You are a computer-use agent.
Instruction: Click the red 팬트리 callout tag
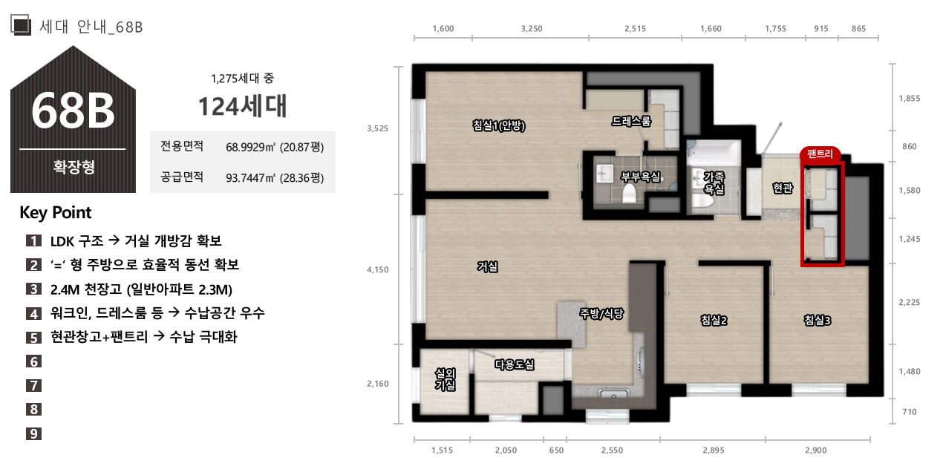[x=820, y=154]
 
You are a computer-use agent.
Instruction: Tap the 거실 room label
[x=488, y=266]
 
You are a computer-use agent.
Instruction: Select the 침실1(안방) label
[x=499, y=125]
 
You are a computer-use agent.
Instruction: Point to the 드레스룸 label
[x=631, y=121]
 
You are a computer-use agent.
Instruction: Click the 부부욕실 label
[x=640, y=177]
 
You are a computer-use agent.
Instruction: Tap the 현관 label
[x=783, y=188]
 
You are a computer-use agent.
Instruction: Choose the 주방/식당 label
[x=601, y=313]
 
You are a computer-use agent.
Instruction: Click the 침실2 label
[x=714, y=321]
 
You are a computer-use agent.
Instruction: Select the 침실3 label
[x=817, y=321]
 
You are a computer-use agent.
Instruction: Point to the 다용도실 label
[x=515, y=364]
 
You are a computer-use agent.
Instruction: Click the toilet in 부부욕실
[x=629, y=193]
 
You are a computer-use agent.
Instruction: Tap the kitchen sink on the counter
[x=614, y=394]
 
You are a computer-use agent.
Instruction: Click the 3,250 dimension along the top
[x=532, y=29]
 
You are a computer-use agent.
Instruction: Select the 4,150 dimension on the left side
[x=378, y=269]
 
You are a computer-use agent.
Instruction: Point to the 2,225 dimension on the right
[x=910, y=303]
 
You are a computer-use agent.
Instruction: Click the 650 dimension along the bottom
[x=556, y=450]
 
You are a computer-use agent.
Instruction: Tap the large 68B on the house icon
[x=73, y=111]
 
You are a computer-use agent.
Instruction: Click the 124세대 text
[x=243, y=106]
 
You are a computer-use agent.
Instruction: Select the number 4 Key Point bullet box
[x=33, y=313]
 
